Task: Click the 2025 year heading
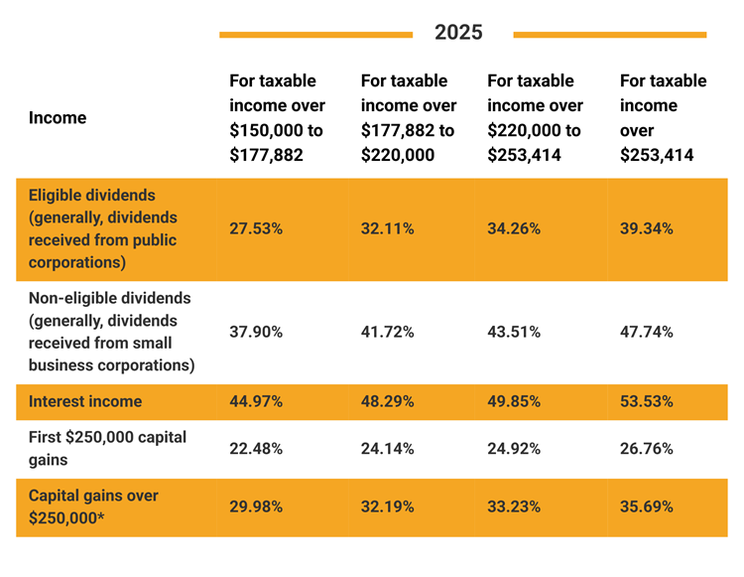coord(458,33)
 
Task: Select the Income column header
coord(58,117)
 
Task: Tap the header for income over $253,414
coord(663,117)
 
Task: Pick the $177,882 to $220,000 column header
coord(409,117)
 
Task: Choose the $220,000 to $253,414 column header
coord(535,117)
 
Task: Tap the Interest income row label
coord(85,401)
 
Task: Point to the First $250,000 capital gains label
coord(107,448)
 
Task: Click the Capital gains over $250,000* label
coord(93,505)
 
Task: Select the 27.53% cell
coord(256,228)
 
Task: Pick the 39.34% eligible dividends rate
coord(647,228)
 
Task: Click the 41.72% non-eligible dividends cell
coord(388,332)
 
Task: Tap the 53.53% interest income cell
coord(647,401)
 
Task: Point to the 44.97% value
coord(256,401)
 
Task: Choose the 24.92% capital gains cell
coord(514,448)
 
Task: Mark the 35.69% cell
coord(647,506)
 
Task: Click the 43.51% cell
coord(514,332)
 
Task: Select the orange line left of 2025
coord(315,35)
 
